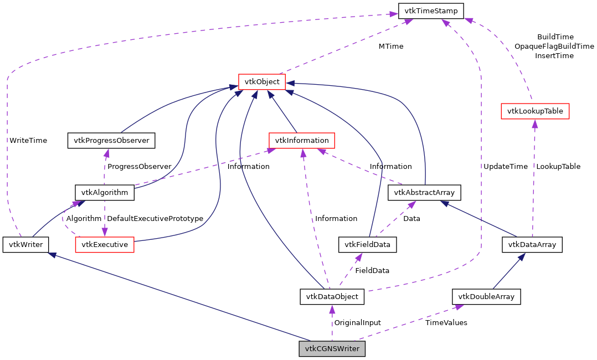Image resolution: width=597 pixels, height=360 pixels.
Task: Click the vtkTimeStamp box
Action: (x=431, y=11)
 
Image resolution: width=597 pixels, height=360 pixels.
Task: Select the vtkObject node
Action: (x=262, y=82)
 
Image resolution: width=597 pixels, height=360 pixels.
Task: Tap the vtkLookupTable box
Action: (x=534, y=111)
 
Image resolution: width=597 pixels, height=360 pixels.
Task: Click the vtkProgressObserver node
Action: (x=111, y=140)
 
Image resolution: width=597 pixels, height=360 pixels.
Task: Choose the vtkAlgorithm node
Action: (x=104, y=193)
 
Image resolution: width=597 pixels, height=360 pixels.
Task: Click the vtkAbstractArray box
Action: (x=424, y=193)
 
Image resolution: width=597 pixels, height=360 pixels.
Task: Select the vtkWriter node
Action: (x=25, y=244)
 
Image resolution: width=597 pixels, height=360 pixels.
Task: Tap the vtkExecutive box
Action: (x=105, y=244)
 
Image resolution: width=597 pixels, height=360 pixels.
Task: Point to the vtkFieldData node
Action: (x=368, y=244)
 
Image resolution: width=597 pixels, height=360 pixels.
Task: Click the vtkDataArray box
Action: (x=532, y=244)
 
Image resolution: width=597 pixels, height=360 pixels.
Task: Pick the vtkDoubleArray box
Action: (x=486, y=297)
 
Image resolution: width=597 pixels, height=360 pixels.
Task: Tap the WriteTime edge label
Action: (x=28, y=140)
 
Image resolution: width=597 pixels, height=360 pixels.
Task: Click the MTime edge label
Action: (x=391, y=46)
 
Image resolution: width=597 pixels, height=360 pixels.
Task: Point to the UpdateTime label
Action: (x=505, y=166)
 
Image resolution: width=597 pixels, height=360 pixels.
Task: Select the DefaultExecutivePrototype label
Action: (x=155, y=218)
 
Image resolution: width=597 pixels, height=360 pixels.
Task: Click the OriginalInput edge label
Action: (x=357, y=322)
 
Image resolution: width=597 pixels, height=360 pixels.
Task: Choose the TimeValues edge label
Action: (x=446, y=322)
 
